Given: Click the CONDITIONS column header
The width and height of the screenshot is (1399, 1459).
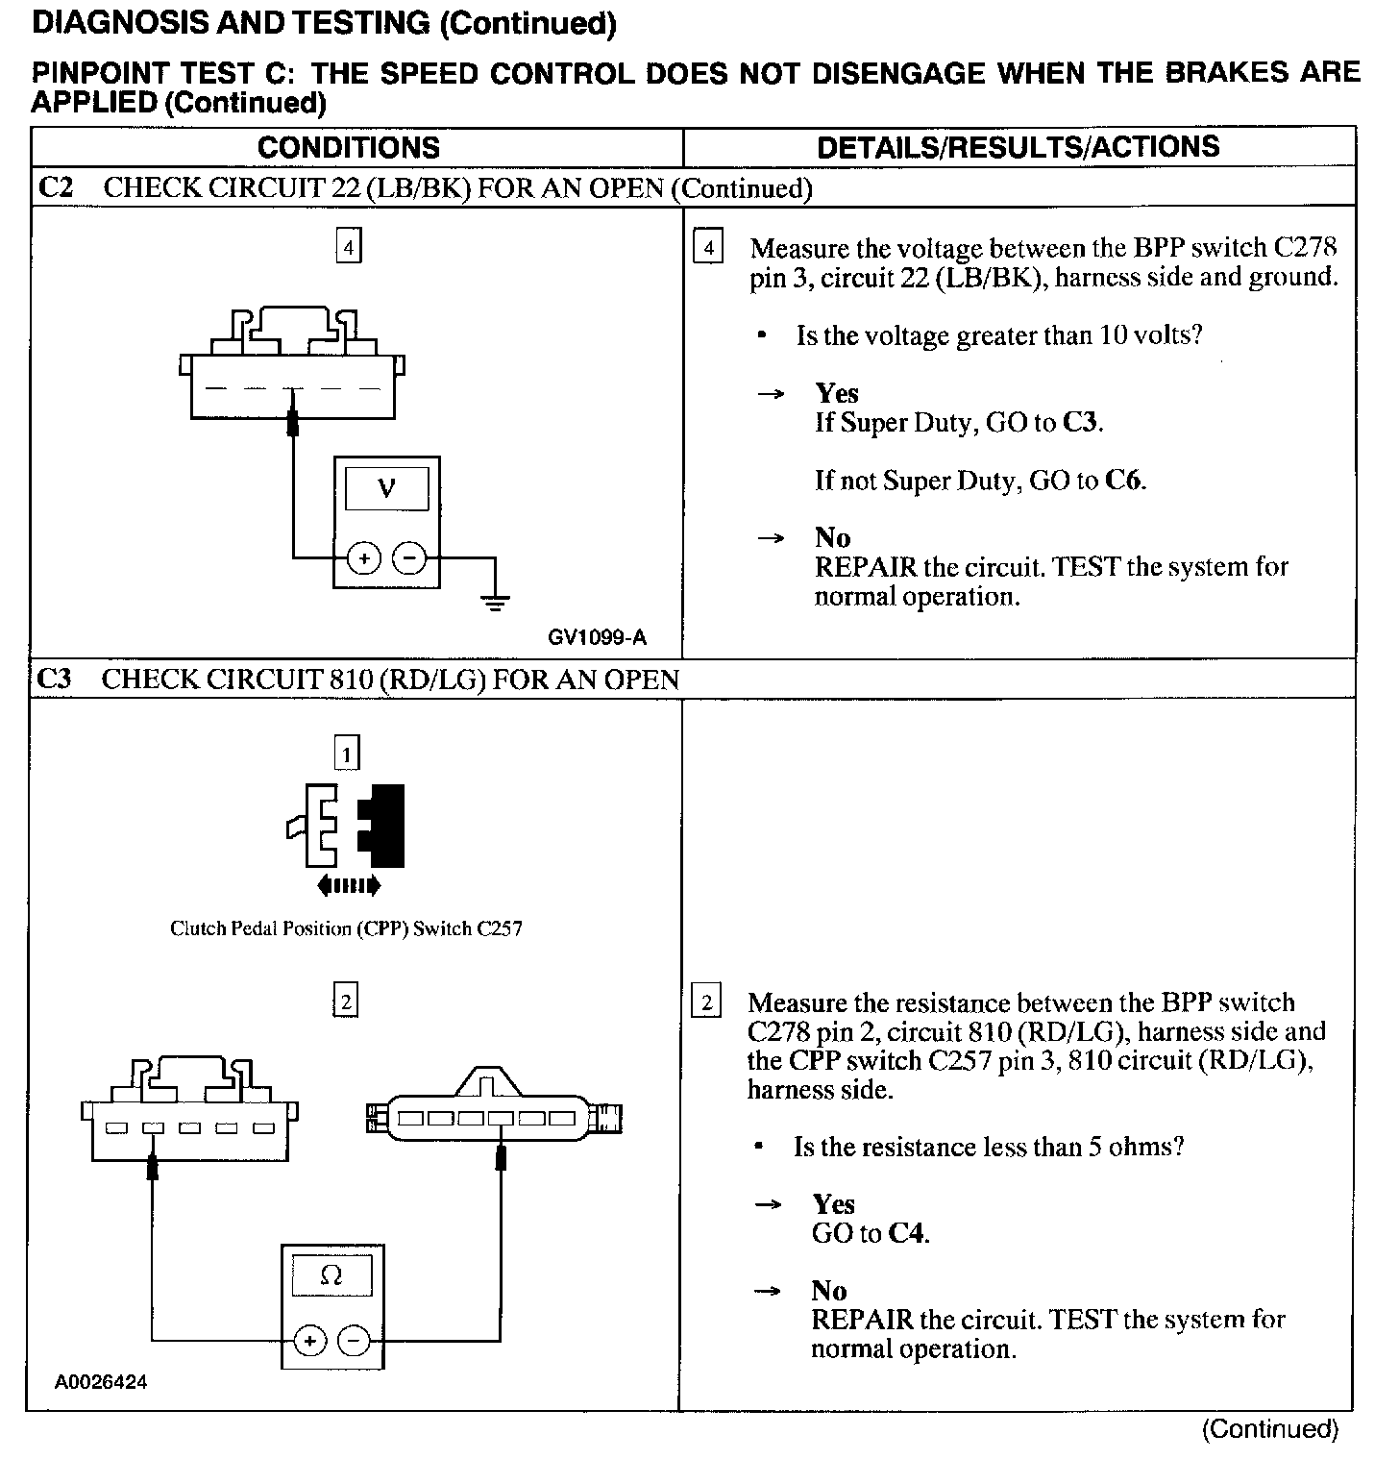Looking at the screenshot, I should [348, 147].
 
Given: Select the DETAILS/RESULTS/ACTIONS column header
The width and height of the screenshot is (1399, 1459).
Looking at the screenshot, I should [1018, 146].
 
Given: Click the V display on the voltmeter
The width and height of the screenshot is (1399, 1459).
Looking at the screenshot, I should [386, 489].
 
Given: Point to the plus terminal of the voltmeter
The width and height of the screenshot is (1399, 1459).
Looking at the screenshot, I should [364, 557].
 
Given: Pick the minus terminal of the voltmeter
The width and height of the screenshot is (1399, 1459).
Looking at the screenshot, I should [410, 557].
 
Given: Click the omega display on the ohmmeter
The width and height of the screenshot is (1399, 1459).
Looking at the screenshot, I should [331, 1275].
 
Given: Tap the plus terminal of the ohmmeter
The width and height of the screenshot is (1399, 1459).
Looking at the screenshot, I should [309, 1340].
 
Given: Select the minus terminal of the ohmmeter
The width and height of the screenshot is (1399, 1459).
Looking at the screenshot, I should [355, 1340].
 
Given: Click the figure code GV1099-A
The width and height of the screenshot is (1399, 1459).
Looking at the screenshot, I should [598, 637].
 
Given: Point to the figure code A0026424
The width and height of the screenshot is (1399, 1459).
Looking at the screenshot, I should [101, 1383].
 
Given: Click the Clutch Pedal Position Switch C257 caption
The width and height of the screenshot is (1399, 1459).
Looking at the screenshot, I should [346, 928].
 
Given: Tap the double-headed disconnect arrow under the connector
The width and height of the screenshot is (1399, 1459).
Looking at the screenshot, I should [348, 885].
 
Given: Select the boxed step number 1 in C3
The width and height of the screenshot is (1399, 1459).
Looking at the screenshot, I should [346, 753].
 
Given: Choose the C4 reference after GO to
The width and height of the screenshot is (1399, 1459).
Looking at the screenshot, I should [908, 1233].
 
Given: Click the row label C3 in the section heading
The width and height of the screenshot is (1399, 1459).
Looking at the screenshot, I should [54, 680].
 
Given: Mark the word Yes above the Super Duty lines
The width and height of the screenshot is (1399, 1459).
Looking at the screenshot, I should [837, 393].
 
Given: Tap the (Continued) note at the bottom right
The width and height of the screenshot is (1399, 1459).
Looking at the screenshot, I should [1269, 1429].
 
